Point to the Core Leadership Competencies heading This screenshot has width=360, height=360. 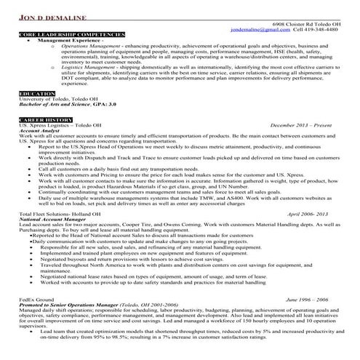tap(61, 35)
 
